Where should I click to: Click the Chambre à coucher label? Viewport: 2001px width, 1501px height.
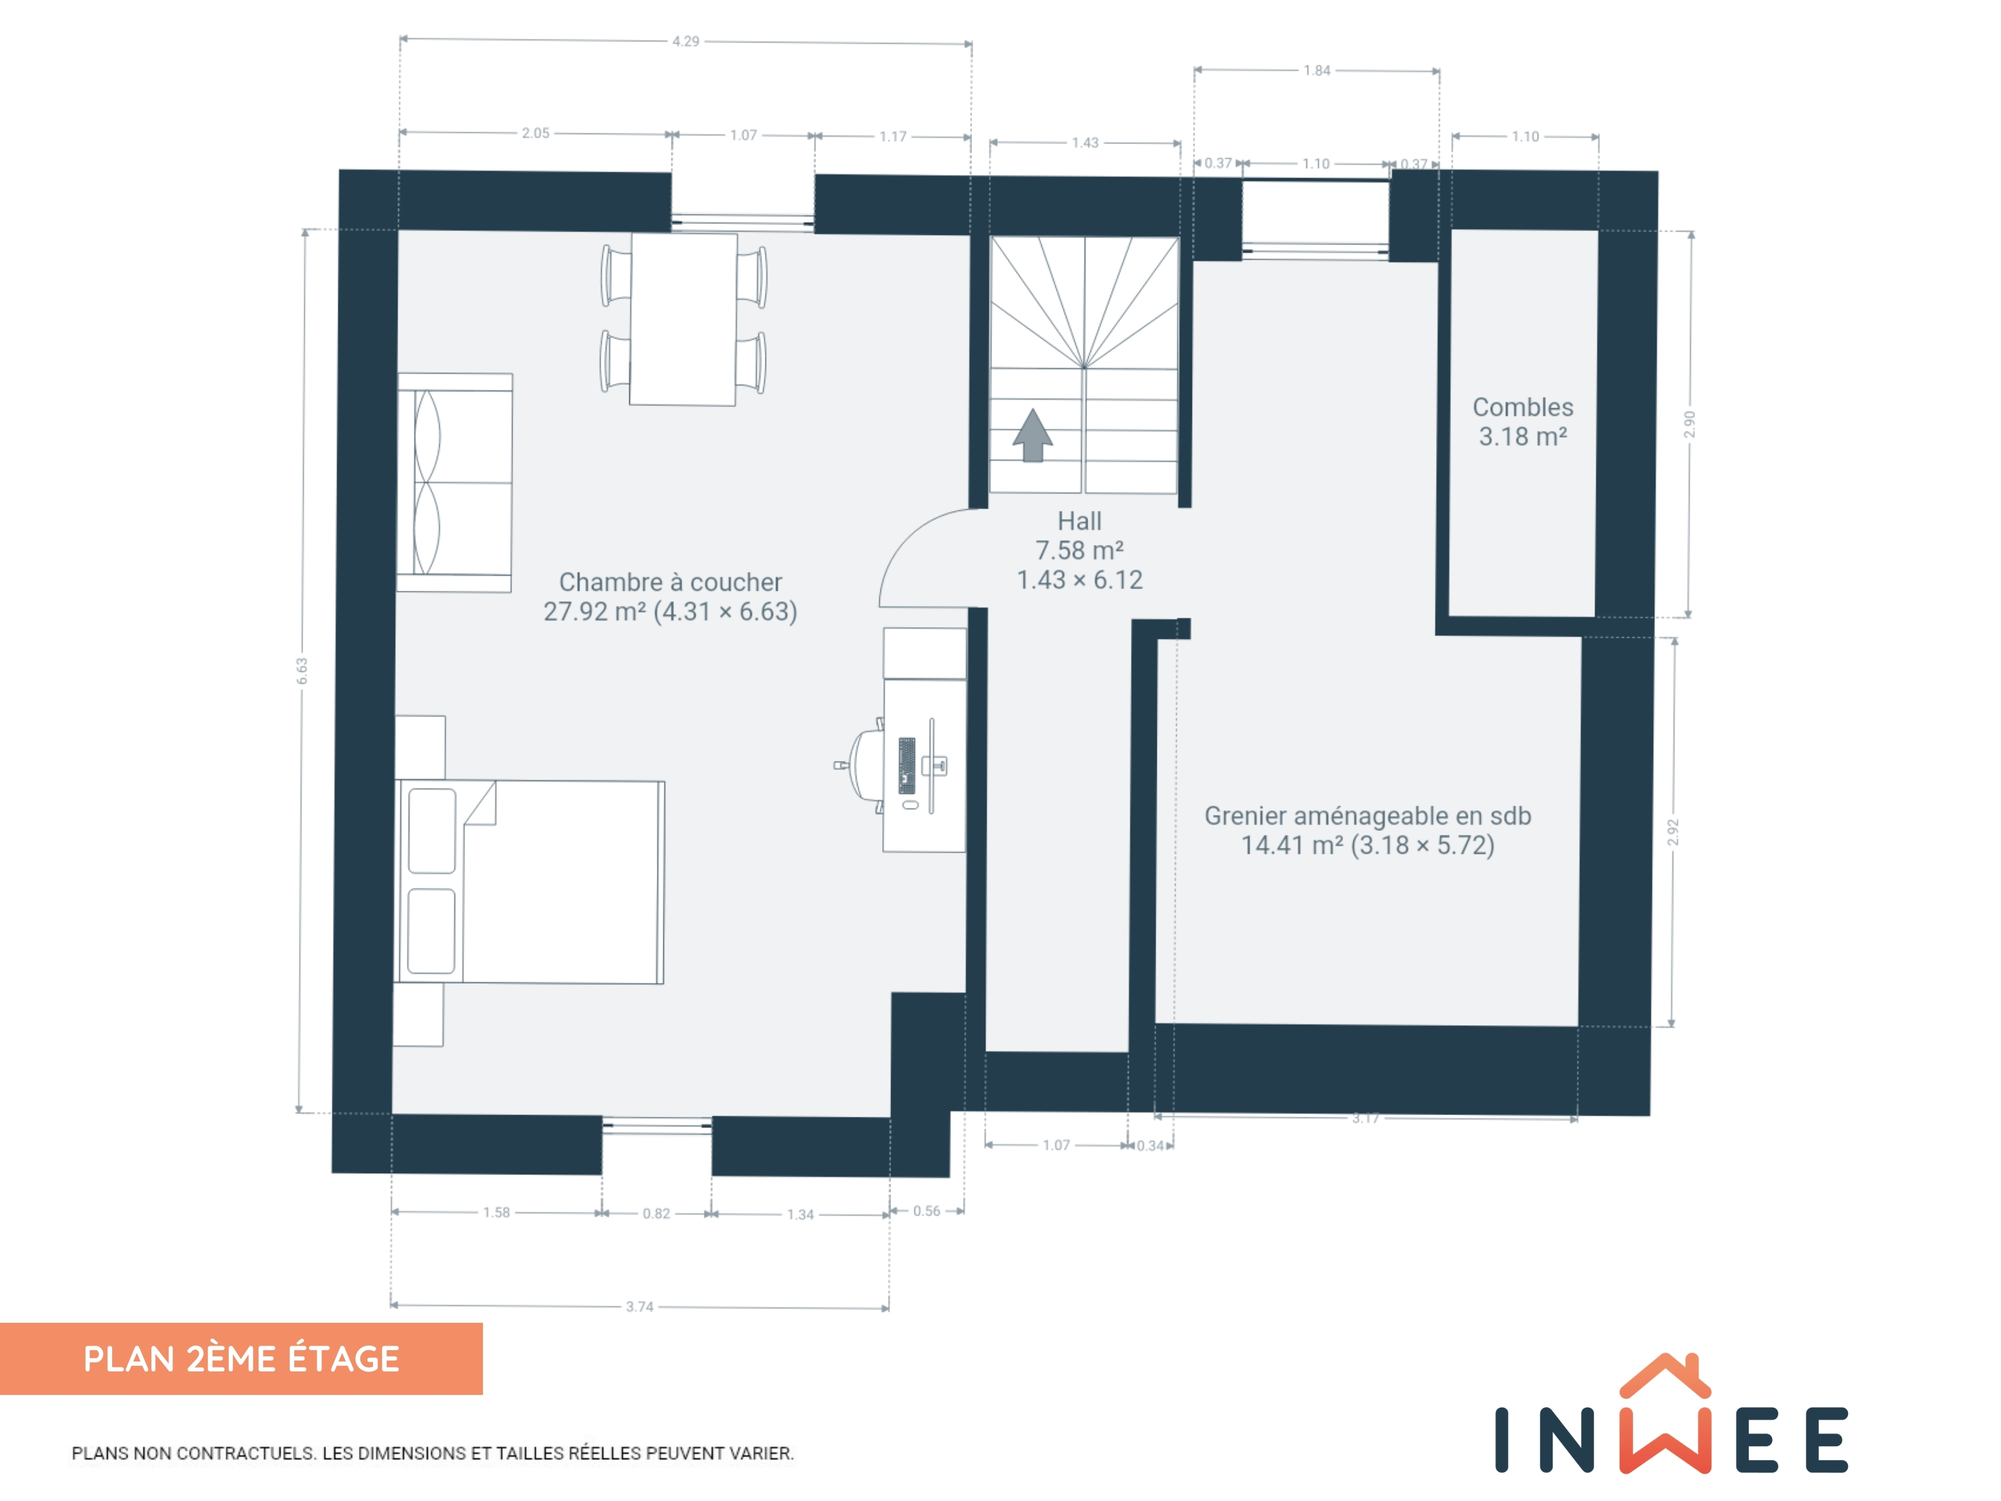pos(671,597)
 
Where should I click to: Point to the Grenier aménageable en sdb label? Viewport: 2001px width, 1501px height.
pos(1368,830)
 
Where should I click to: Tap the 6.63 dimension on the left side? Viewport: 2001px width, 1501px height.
pos(302,671)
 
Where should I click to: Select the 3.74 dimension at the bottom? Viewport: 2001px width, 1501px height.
pos(640,1307)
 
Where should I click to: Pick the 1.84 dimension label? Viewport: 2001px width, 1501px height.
pos(1317,70)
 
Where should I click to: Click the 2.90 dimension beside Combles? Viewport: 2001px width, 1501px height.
pos(1690,424)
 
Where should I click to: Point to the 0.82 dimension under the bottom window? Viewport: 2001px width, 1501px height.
pos(657,1213)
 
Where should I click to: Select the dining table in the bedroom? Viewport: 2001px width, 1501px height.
pos(683,319)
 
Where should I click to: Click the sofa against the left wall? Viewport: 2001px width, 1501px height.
pos(454,482)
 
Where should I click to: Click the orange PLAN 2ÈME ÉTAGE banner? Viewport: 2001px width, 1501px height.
pos(242,1359)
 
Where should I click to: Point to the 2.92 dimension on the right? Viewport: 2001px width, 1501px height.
pos(1673,833)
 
